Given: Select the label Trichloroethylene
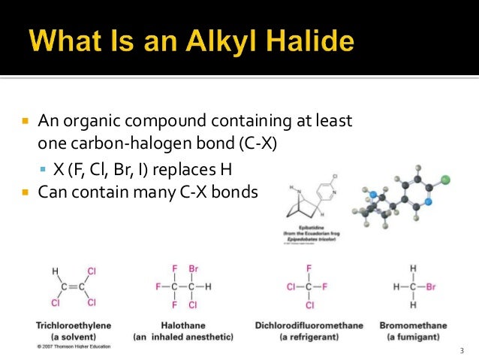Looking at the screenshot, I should pos(74,325).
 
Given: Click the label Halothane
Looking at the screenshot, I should pos(178,325).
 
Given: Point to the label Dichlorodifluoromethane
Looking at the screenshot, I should pos(309,325).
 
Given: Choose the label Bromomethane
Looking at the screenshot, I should pos(414,325).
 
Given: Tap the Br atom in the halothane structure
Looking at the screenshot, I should pos(192,268).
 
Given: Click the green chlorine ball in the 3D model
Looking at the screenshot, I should pos(444,180).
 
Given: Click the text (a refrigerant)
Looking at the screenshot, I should pos(309,336).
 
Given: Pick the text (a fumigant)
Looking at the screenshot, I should pos(414,336).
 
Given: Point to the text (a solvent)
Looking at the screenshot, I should pos(74,336).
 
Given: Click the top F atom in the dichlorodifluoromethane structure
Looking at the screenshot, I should pos(309,268).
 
